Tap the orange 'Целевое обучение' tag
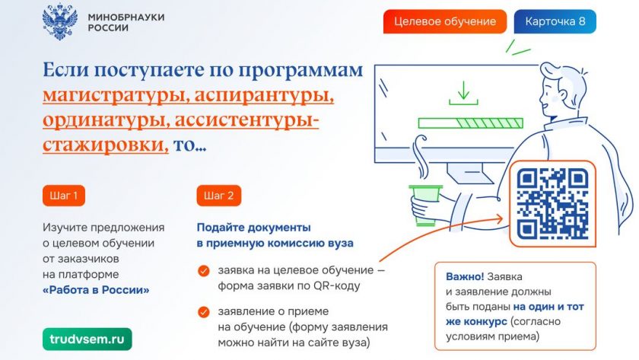tap(444, 21)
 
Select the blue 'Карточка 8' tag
tap(555, 21)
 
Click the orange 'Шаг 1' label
tap(64, 196)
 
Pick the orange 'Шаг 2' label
tap(219, 196)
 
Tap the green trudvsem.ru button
tap(87, 339)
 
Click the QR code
tap(552, 204)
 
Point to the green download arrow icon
tap(463, 93)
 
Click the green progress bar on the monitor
tap(471, 123)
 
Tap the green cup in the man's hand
tap(425, 205)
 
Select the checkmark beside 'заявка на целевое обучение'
tap(204, 271)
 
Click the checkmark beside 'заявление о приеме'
tap(204, 312)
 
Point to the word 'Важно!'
tap(465, 276)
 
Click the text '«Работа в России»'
tap(96, 290)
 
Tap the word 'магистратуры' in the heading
tap(116, 96)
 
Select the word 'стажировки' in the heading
tap(106, 145)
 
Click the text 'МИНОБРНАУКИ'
tap(126, 17)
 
